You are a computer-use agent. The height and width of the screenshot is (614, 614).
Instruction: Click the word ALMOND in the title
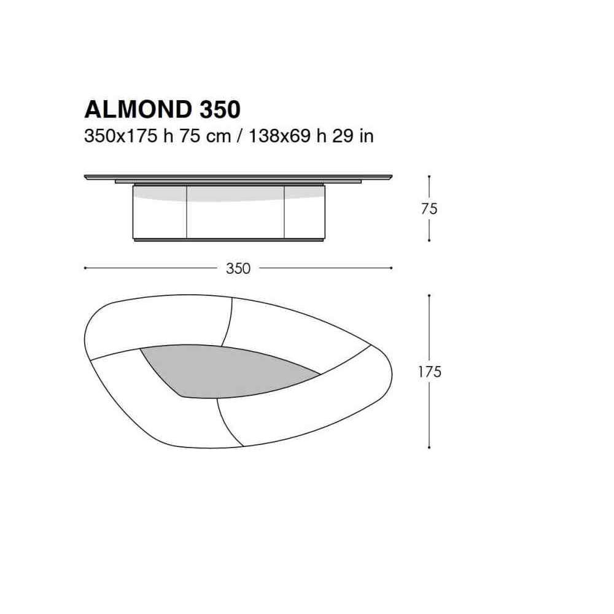coord(138,109)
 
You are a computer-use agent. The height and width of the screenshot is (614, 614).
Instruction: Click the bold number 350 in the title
coord(220,109)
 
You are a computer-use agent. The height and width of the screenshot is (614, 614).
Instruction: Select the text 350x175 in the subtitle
coord(120,136)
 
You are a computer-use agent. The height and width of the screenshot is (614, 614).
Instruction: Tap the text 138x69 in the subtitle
coord(280,136)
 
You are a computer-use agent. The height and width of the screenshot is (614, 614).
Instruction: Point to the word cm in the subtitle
coord(219,138)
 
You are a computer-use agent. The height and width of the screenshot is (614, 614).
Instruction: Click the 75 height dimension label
coord(429,209)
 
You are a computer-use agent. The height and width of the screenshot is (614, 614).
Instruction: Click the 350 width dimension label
coord(238,268)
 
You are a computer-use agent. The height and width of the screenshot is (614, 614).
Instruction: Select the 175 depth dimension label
coord(430,371)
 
